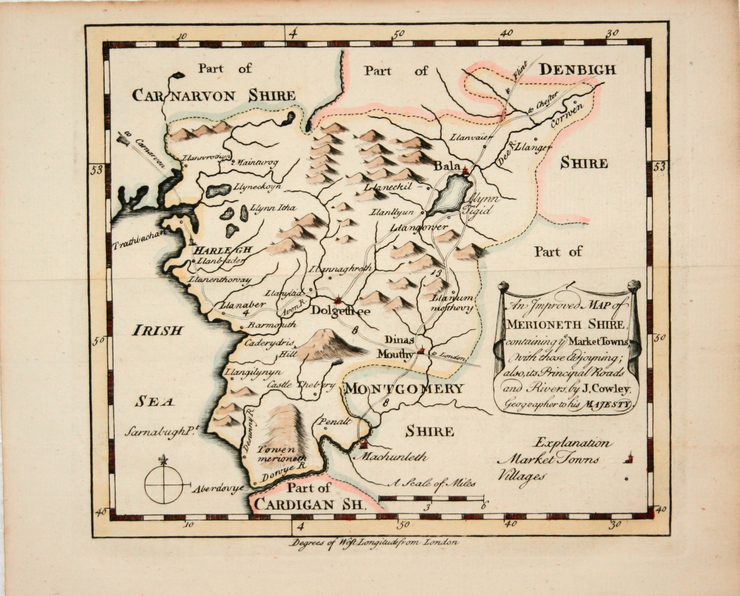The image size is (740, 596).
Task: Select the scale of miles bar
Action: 431,497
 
